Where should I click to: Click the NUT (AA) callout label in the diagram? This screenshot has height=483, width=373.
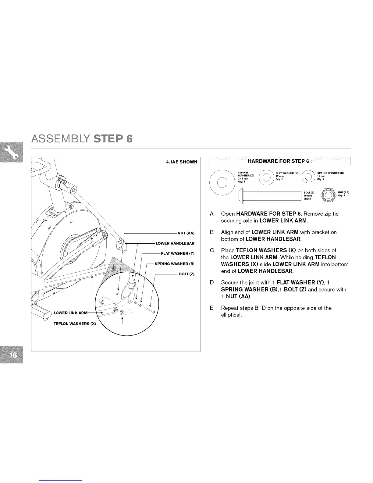coord(186,233)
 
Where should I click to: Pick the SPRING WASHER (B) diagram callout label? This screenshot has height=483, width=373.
coord(174,264)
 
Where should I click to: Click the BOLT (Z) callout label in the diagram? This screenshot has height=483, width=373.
coord(187,274)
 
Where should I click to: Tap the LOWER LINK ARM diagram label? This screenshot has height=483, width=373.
coord(70,313)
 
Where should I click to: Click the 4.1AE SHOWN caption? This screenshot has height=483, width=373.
coord(182,162)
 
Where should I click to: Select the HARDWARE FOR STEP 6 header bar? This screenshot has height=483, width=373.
coord(279,161)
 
